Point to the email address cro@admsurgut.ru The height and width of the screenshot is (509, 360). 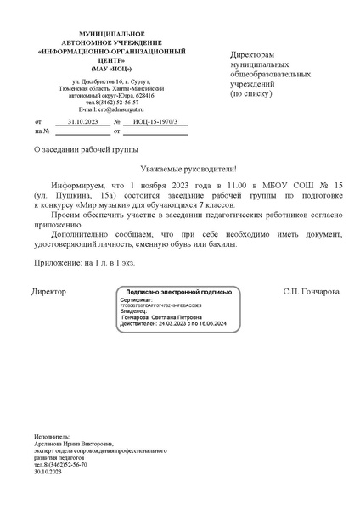pyautogui.click(x=106, y=109)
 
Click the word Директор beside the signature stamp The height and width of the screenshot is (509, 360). pyautogui.click(x=48, y=291)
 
